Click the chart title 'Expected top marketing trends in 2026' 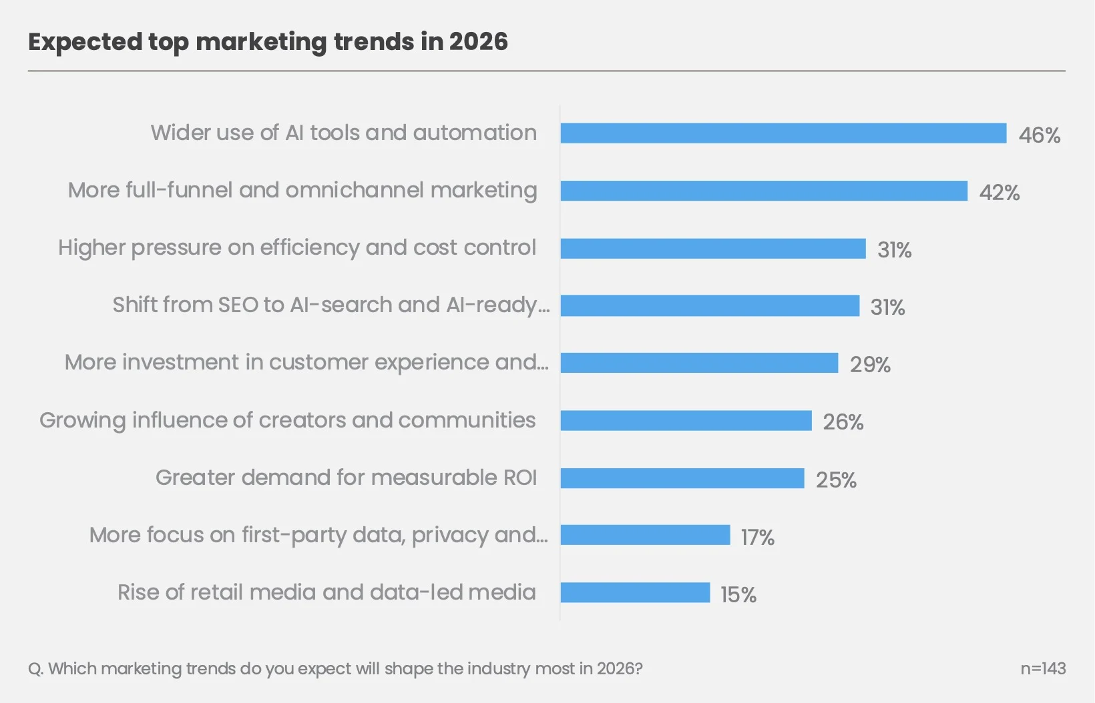point(268,42)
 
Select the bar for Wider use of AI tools point(784,133)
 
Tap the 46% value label point(1040,135)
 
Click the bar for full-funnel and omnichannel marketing point(764,191)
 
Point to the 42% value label point(1000,193)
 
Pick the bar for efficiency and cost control point(713,249)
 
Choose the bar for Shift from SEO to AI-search point(710,305)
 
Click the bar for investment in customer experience point(700,363)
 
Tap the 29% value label point(870,365)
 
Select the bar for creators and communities point(686,420)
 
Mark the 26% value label point(843,422)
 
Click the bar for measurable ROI point(682,478)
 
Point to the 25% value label point(837,480)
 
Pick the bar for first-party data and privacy point(645,535)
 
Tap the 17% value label point(758,538)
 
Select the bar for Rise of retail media point(636,593)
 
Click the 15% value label point(738,595)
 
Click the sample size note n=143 point(1043,669)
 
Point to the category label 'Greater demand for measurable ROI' point(346,478)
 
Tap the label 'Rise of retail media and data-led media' point(326,592)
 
